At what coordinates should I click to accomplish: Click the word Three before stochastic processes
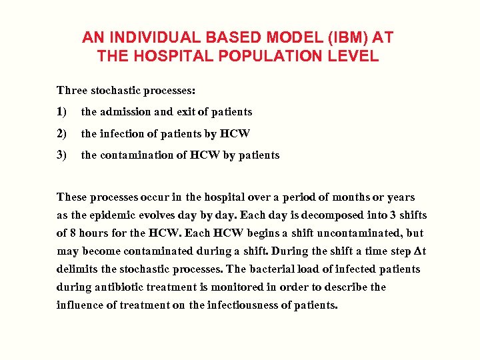[71, 90]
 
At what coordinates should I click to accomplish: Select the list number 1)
[62, 112]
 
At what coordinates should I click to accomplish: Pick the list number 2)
[62, 133]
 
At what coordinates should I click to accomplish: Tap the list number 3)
[62, 155]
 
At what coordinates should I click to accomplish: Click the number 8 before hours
[72, 233]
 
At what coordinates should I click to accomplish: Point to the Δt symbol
[419, 251]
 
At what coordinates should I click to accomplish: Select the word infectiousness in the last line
[240, 306]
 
